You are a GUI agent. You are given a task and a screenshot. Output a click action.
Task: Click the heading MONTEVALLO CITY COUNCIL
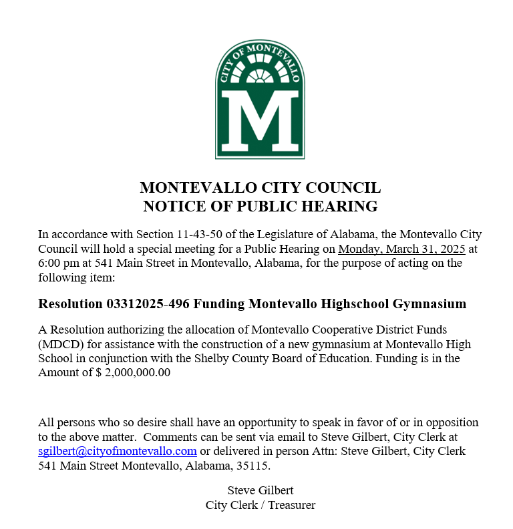(260, 187)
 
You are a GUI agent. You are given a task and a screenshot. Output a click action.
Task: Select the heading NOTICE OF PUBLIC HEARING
(260, 206)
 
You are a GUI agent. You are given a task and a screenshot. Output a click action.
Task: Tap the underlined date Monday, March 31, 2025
(401, 249)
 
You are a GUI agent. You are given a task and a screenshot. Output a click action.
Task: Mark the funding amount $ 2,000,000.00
(133, 373)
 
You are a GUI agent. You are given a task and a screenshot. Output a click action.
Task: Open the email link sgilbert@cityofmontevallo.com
(118, 451)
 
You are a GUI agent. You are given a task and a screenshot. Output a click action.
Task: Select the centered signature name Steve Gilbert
(260, 490)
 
